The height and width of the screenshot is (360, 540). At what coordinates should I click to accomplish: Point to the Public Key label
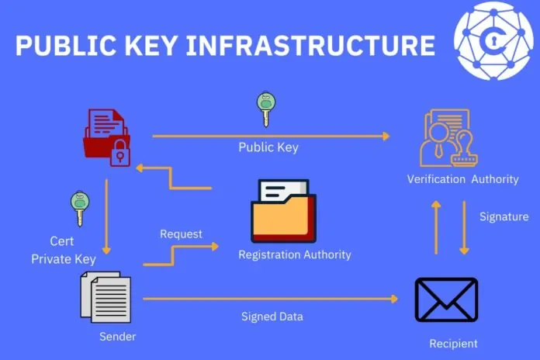click(268, 147)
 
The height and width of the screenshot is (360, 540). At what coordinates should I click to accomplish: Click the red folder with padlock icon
click(107, 137)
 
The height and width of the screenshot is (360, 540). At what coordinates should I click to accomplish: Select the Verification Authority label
click(462, 179)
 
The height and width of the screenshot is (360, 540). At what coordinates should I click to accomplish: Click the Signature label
click(504, 216)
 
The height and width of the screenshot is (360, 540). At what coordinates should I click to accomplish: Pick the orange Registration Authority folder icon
click(283, 211)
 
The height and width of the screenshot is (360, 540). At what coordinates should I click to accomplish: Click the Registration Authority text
click(294, 254)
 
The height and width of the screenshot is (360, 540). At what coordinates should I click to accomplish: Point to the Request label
click(181, 234)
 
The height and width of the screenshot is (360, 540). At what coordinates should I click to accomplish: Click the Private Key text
click(63, 259)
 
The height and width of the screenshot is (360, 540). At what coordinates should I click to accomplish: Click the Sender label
click(117, 337)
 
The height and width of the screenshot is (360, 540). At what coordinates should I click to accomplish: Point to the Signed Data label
click(272, 317)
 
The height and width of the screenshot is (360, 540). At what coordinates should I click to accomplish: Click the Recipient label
click(453, 344)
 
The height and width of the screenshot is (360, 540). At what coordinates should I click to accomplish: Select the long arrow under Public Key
click(271, 136)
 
